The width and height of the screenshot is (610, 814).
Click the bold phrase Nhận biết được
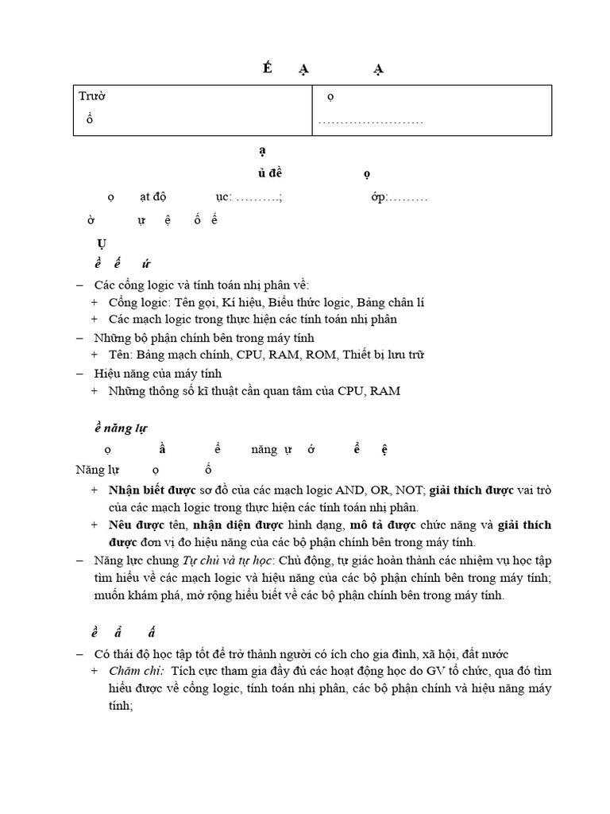pyautogui.click(x=152, y=490)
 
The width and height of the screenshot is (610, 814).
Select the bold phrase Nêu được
pyautogui.click(x=135, y=525)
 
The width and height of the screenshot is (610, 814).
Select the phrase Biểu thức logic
pyautogui.click(x=310, y=302)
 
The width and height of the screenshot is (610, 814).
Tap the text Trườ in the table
pyautogui.click(x=92, y=96)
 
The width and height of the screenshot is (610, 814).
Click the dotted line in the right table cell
pyautogui.click(x=370, y=122)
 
